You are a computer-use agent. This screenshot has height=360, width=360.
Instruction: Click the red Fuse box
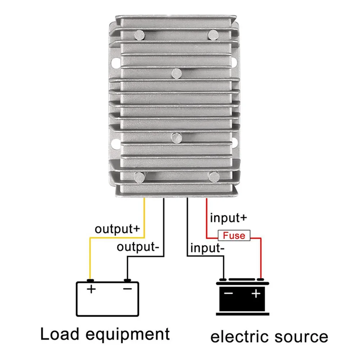click(234, 235)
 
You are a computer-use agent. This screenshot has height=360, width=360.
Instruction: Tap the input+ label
click(228, 218)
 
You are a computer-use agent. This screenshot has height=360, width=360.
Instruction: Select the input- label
click(207, 248)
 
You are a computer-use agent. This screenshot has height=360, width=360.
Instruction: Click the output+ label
click(117, 229)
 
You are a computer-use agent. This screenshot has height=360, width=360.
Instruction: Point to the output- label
click(138, 247)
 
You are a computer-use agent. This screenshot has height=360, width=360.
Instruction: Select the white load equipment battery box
click(108, 299)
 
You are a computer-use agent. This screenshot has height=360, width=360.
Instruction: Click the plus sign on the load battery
click(91, 289)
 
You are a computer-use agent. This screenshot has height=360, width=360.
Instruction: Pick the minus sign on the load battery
click(127, 289)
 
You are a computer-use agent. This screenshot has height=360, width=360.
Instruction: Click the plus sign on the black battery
click(256, 294)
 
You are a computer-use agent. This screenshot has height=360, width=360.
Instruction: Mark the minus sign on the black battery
click(228, 293)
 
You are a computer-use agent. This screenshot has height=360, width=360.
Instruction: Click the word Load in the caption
click(60, 334)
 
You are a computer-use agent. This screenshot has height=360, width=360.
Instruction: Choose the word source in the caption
click(301, 337)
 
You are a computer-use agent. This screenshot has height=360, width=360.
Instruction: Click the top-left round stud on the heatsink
click(140, 35)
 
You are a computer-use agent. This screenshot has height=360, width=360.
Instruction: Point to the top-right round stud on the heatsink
click(213, 35)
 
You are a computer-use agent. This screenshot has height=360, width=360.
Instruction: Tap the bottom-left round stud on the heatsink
click(140, 177)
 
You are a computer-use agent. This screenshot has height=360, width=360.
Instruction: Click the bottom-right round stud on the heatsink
click(214, 177)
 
